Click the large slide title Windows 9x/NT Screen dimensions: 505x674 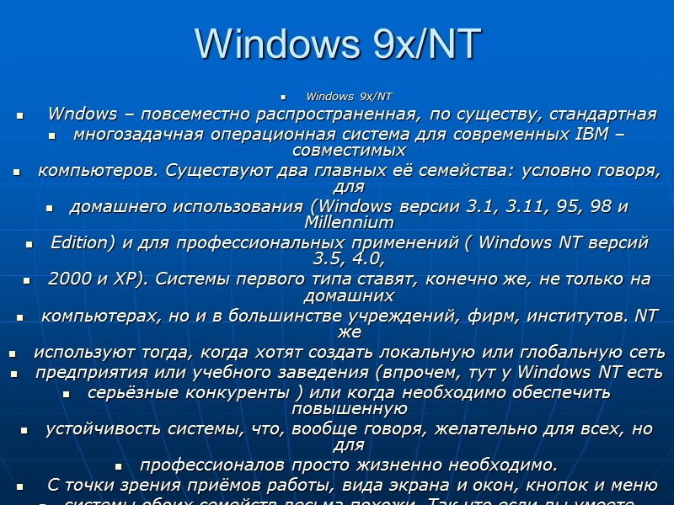coord(337,44)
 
